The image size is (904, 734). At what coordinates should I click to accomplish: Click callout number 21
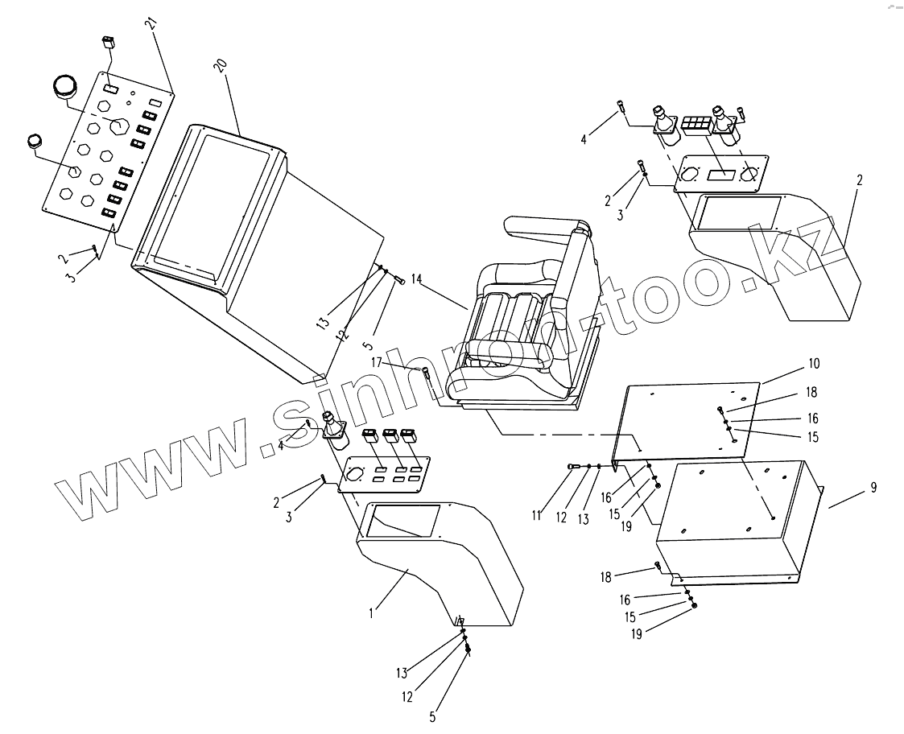coord(151,23)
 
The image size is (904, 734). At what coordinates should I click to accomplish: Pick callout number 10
coord(814,364)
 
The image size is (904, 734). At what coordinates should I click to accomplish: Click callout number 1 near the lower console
coord(371,612)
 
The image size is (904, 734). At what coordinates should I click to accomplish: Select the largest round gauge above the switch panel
coord(64,86)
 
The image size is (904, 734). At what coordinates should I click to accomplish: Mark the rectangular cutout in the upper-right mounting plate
coord(721,174)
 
